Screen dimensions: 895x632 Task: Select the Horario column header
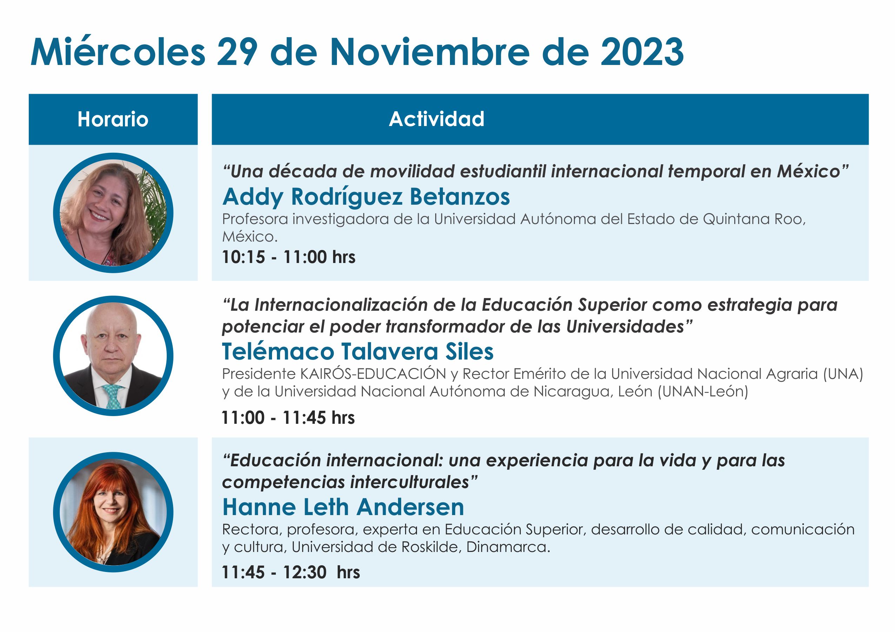click(x=113, y=119)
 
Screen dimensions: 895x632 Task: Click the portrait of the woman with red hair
click(x=113, y=512)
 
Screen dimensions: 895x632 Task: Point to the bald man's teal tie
click(x=113, y=396)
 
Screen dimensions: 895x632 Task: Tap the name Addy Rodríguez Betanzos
click(x=366, y=197)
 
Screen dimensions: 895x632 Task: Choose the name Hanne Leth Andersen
click(x=343, y=507)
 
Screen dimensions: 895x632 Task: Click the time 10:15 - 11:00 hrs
click(x=289, y=257)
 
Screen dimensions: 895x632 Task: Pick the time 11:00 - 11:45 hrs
click(x=288, y=417)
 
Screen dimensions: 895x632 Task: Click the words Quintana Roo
click(x=754, y=219)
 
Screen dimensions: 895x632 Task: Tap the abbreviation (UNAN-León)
click(x=703, y=391)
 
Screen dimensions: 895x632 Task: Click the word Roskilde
click(x=431, y=547)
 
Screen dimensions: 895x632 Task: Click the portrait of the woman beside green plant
click(x=113, y=213)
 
